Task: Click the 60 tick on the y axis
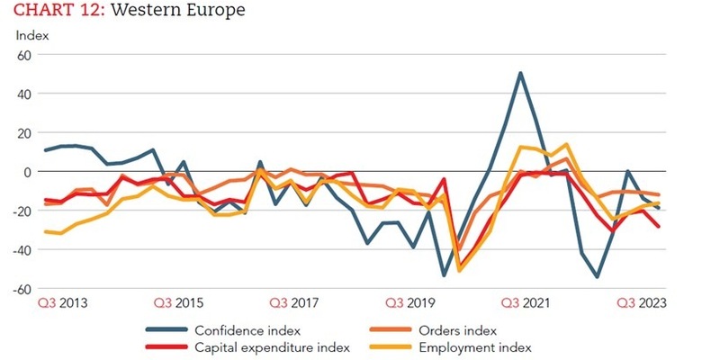pos(24,55)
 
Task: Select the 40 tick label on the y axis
pos(24,94)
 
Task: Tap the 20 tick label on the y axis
pos(24,132)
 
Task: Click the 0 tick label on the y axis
pos(27,172)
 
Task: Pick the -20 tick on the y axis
pos(22,211)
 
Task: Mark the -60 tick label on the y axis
pos(22,290)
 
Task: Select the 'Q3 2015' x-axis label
pos(180,304)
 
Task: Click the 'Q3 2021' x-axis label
pos(524,304)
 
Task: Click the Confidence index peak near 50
pos(520,73)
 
